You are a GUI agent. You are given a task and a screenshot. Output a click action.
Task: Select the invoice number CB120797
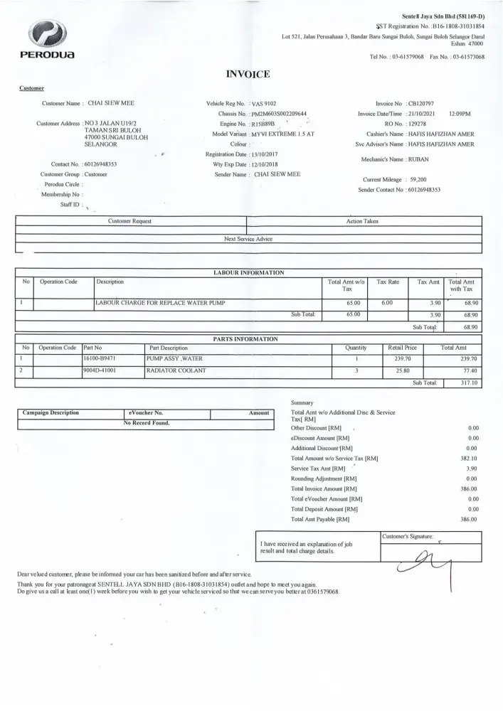click(x=422, y=103)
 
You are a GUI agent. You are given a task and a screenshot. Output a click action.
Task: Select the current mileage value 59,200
click(x=418, y=180)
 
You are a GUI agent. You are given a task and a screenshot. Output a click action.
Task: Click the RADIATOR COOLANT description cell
click(x=176, y=371)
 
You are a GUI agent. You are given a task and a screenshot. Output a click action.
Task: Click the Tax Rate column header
click(x=388, y=282)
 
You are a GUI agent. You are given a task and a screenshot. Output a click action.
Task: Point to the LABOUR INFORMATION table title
click(x=248, y=272)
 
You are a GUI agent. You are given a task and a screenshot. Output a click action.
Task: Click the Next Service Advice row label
click(x=248, y=240)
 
